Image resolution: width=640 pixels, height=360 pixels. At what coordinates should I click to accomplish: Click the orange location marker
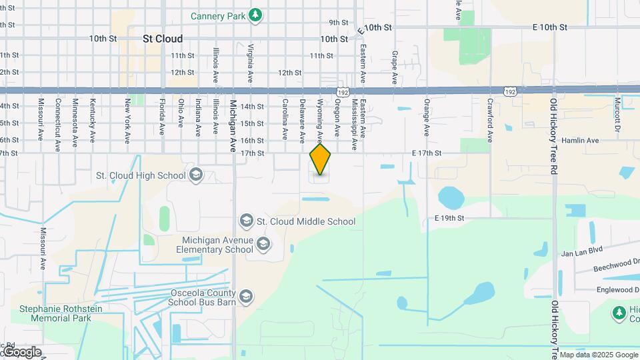pos(321,160)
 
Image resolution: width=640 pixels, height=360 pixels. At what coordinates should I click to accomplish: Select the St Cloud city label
pos(163,39)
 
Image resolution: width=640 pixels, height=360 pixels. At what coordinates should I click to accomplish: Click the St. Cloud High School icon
pos(196,175)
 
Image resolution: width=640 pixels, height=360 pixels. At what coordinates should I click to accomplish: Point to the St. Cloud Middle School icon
pos(246,221)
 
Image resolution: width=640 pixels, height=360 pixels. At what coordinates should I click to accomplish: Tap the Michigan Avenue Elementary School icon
pos(263,244)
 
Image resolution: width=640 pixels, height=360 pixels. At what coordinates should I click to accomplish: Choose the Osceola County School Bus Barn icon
pos(246,297)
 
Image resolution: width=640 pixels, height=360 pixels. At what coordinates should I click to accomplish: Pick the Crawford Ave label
pos(490,121)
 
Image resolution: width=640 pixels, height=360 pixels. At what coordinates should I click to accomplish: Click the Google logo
pos(21,352)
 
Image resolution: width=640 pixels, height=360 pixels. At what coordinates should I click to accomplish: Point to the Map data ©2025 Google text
pos(598,355)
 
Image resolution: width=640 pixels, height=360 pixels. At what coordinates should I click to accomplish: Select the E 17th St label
pos(427,153)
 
